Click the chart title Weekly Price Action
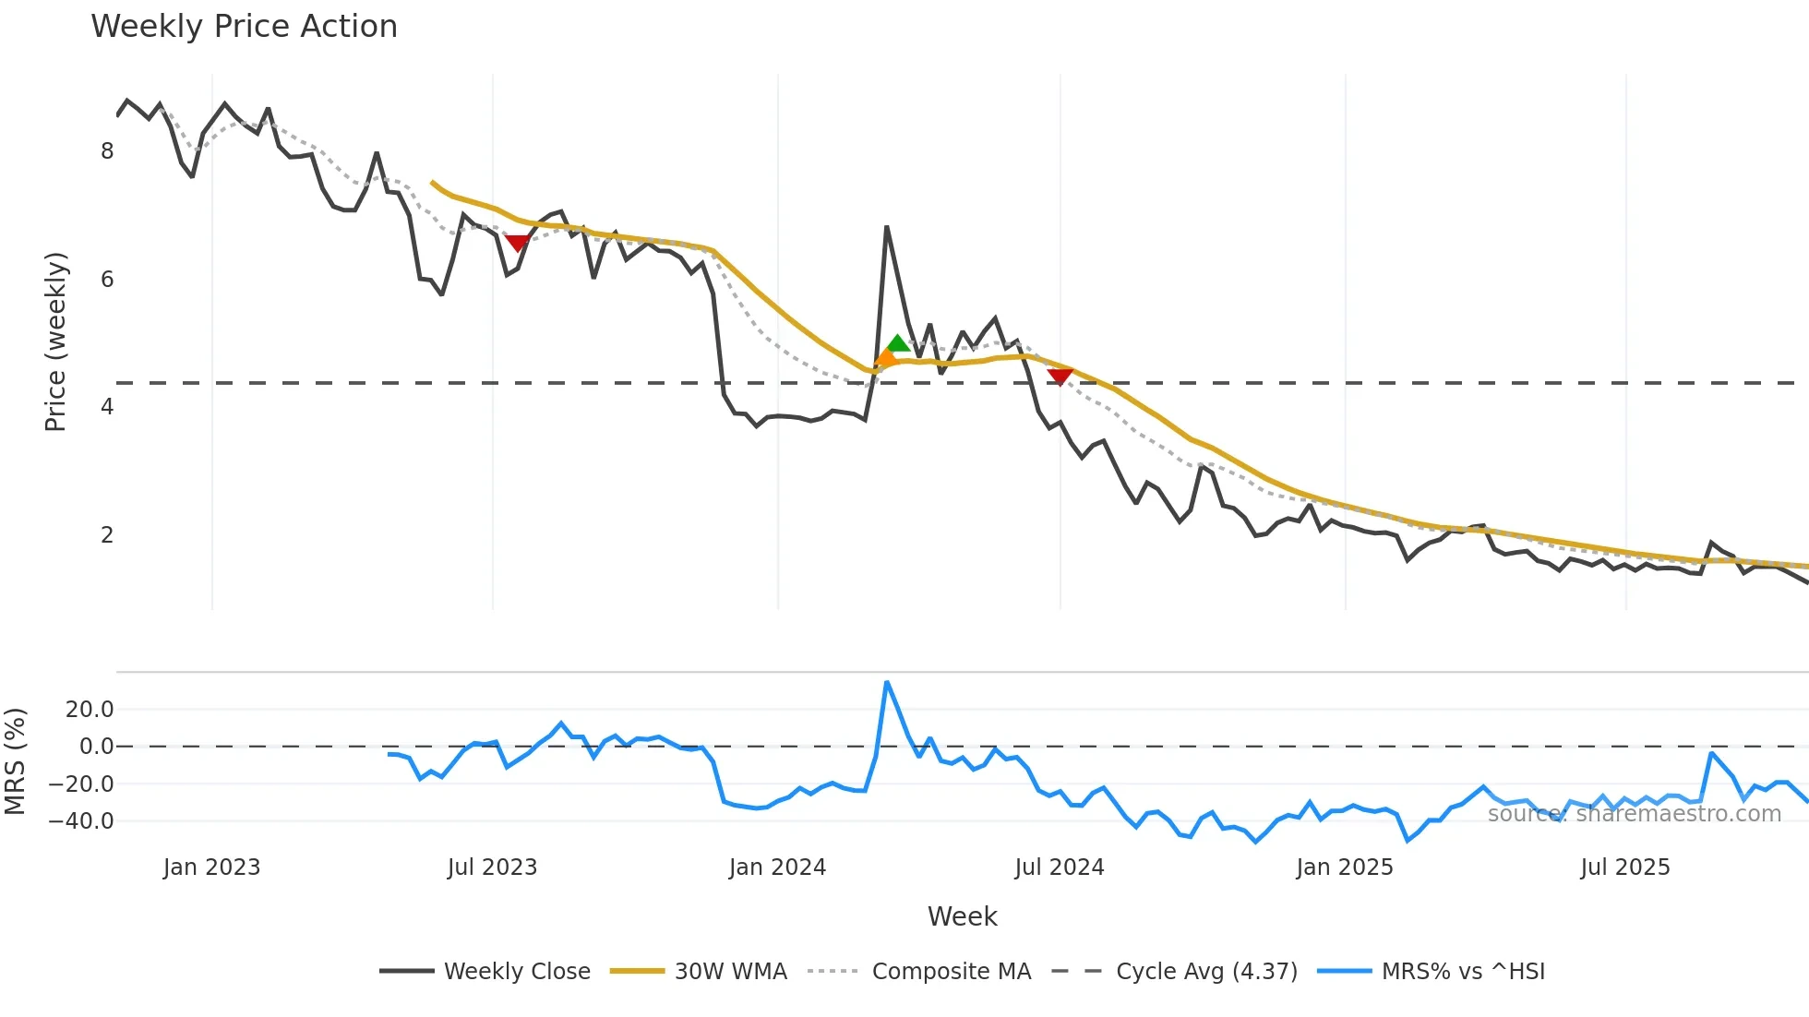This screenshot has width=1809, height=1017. click(x=244, y=27)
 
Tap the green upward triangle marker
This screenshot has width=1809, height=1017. click(x=898, y=344)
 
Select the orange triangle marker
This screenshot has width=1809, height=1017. click(x=886, y=357)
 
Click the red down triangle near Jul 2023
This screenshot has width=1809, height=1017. click(x=518, y=243)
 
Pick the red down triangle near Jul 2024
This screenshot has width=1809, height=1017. click(x=1060, y=376)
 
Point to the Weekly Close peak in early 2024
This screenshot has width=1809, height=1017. click(x=886, y=227)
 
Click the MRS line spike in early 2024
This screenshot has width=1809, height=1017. click(x=886, y=683)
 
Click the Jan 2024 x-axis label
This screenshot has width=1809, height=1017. click(x=777, y=867)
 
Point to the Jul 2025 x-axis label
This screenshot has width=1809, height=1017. click(x=1624, y=867)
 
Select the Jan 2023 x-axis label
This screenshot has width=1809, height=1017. click(x=211, y=867)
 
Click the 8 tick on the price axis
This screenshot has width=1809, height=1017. click(x=107, y=151)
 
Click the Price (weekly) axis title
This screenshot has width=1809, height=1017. click(x=55, y=341)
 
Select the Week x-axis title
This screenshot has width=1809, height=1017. click(x=962, y=916)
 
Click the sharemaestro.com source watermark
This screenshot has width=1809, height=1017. click(x=1634, y=814)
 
